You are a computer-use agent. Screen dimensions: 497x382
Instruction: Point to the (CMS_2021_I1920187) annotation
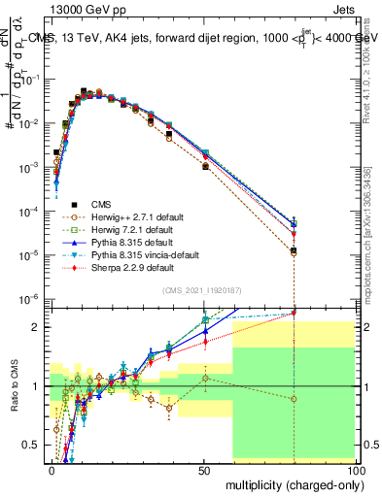pos(203,290)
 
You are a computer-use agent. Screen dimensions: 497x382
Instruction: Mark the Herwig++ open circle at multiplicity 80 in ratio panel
pos(294,399)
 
